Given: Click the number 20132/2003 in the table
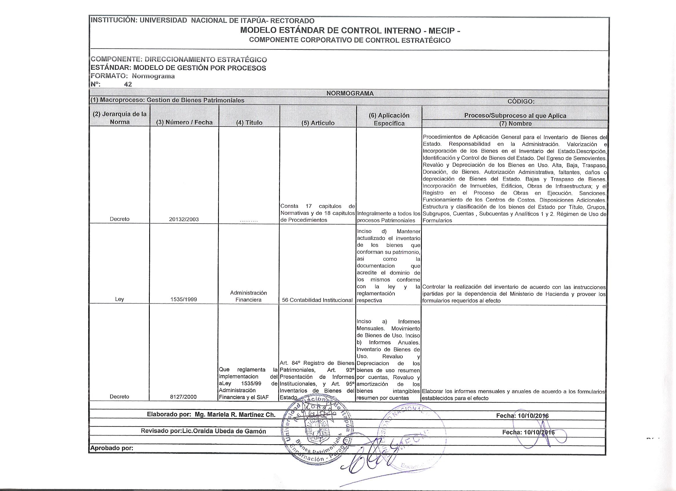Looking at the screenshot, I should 184,220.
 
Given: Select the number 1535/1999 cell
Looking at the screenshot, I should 184,299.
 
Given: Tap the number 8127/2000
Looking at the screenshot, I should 184,397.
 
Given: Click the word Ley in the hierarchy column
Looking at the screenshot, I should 119,299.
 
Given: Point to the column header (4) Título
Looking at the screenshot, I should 249,123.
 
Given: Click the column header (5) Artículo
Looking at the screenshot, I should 318,123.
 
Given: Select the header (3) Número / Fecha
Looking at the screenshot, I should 184,122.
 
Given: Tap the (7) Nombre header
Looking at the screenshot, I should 516,124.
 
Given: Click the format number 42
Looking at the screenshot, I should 128,84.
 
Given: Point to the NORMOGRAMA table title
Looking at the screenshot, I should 350,93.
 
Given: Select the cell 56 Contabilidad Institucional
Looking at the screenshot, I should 317,300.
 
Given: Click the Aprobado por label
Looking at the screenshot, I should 112,448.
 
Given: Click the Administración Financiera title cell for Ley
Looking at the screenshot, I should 248,296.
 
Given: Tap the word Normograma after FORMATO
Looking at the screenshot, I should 153,76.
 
